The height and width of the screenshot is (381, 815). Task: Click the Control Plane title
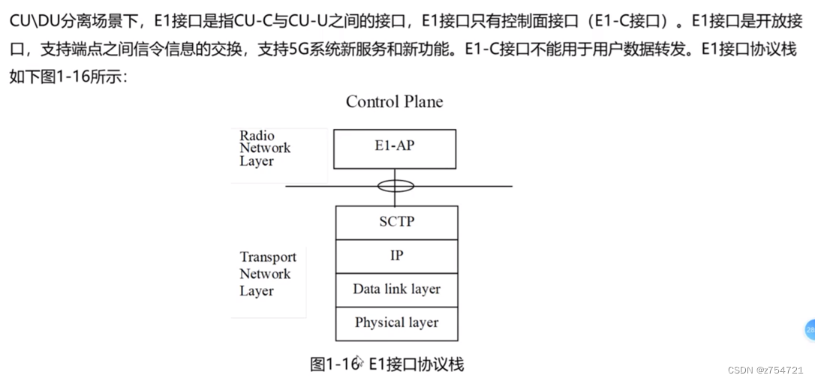[x=394, y=102]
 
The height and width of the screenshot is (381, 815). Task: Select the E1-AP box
[x=395, y=148]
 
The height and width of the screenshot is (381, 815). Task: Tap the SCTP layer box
[x=396, y=222]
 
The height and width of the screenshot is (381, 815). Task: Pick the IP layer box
[x=396, y=256]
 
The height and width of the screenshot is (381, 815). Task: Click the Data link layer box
[x=396, y=289]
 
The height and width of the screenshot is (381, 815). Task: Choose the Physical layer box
[x=396, y=323]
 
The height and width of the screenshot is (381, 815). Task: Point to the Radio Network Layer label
[x=264, y=148]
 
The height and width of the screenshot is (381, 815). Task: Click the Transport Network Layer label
[x=267, y=274]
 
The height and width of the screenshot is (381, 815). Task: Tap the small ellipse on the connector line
[x=395, y=185]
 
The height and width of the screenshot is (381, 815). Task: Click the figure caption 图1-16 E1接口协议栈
[x=386, y=364]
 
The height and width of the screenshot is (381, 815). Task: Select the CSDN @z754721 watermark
[x=765, y=370]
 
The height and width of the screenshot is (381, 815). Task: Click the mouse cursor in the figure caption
[x=359, y=363]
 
